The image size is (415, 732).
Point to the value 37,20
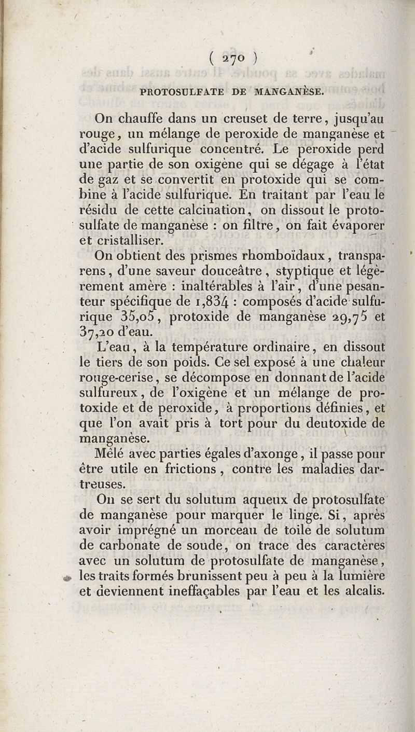click(101, 332)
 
